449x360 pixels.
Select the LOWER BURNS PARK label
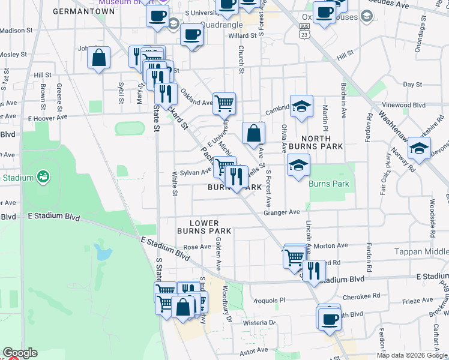[204, 227]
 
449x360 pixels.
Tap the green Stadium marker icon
[43, 176]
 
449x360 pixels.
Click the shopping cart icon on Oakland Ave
[224, 103]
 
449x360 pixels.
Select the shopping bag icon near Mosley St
[99, 58]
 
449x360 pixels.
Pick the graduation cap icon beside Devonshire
[419, 148]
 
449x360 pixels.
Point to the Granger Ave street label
[282, 212]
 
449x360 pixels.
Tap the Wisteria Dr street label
[259, 322]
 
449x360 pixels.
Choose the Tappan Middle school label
[421, 251]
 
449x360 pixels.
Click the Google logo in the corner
[20, 353]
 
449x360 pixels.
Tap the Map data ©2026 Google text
[412, 355]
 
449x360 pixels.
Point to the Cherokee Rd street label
[361, 296]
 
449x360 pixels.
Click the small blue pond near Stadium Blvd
[103, 252]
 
